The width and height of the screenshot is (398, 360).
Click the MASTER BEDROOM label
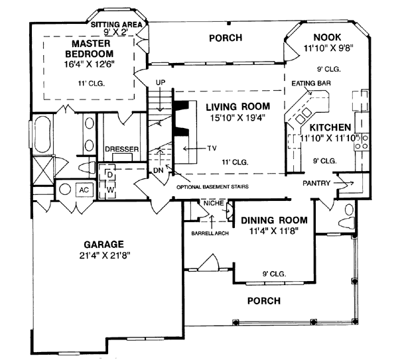point(90,48)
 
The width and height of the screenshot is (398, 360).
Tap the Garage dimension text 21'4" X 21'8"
point(105,256)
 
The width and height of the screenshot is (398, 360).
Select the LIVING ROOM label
point(238,107)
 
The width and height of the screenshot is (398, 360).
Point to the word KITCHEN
point(330,127)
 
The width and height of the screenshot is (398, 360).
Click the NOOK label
point(328,38)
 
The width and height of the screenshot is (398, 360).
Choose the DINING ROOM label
point(274,220)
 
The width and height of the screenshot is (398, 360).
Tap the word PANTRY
point(316,183)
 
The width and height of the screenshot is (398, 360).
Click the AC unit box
point(84,190)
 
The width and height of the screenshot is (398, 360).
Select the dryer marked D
point(107,174)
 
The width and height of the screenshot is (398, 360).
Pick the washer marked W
point(107,190)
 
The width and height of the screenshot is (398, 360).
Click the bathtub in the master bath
point(42,134)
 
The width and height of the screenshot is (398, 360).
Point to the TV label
point(212,148)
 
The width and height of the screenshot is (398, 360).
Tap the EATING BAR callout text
point(311,84)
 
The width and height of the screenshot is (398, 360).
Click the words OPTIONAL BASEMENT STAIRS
point(212,187)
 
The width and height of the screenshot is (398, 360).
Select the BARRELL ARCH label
point(210,233)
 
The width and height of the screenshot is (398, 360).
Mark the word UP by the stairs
point(161,82)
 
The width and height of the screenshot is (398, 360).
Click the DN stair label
point(159,170)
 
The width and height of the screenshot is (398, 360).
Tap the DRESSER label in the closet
point(122,149)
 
